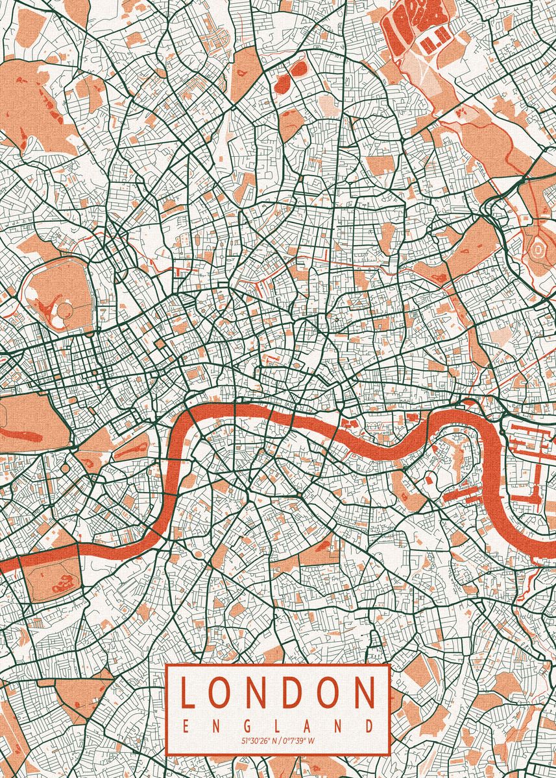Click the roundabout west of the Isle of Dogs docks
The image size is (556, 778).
[503, 428]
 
